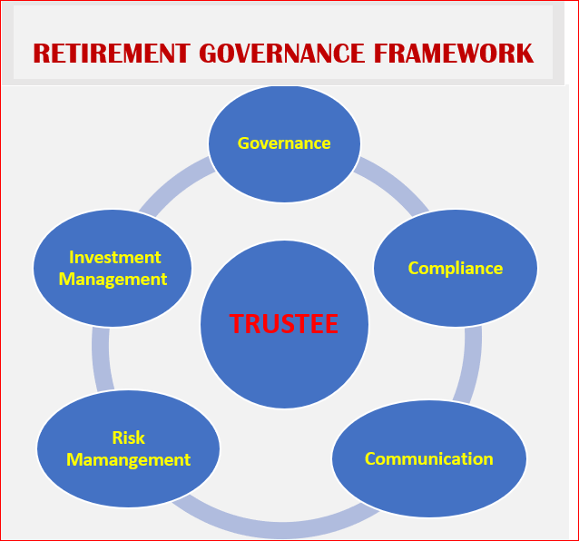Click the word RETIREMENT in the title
(x=112, y=54)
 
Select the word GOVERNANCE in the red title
(x=281, y=54)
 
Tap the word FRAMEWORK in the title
(x=454, y=54)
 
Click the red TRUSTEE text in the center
(x=283, y=323)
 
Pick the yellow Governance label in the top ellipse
(x=284, y=143)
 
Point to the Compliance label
(x=456, y=269)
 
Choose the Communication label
(x=429, y=459)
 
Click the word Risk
(x=128, y=438)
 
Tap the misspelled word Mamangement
(x=128, y=460)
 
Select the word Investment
(x=115, y=258)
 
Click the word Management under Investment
(x=113, y=280)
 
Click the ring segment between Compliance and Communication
(x=471, y=365)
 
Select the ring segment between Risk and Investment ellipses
(x=101, y=359)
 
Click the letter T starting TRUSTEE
(x=236, y=323)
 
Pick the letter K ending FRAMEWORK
(x=525, y=54)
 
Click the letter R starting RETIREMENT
(x=41, y=54)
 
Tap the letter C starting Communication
(x=370, y=459)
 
